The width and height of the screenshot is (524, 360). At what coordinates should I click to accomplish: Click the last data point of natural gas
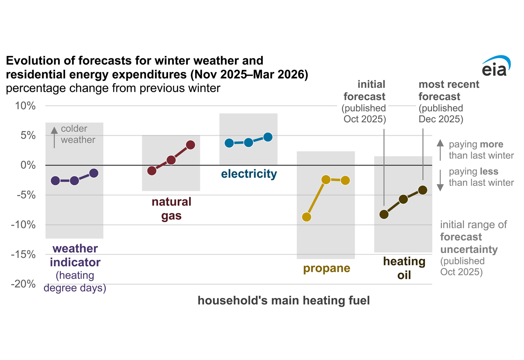click(x=190, y=145)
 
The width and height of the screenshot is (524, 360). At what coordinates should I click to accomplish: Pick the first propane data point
click(x=307, y=217)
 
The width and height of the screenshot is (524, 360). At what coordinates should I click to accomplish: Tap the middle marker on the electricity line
click(x=248, y=142)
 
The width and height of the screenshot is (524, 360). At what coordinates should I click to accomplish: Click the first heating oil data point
click(x=384, y=214)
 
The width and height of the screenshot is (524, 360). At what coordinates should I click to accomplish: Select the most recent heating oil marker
click(x=422, y=190)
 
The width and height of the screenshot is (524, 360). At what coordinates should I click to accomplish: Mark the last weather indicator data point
click(x=93, y=173)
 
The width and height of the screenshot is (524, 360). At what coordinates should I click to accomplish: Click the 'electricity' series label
click(x=249, y=174)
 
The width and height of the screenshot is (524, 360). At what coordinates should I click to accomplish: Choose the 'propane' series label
click(x=327, y=268)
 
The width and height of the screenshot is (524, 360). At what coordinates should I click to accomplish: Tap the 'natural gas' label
click(x=171, y=209)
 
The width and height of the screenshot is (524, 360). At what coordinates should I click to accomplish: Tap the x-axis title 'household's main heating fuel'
click(x=284, y=301)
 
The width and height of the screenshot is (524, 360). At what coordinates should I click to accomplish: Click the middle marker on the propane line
click(x=326, y=179)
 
